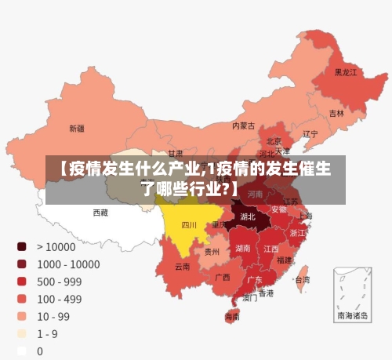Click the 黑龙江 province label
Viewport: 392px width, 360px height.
coord(346,72)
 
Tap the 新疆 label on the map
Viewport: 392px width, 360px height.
coord(77,128)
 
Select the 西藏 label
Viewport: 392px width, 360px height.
coord(100,213)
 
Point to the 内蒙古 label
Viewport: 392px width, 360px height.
coord(243,125)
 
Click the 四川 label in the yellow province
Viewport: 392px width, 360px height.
coord(189,225)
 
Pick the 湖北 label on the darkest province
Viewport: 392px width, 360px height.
coord(248,216)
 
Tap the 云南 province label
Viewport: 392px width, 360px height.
coord(182,267)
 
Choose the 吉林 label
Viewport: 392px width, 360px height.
coord(336,113)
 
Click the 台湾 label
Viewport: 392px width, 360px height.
coord(301,279)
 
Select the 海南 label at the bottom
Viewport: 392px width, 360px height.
coord(232,318)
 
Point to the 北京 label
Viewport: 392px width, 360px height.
coord(274,141)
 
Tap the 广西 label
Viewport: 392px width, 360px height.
coord(223,277)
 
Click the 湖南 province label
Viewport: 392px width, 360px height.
coord(243,248)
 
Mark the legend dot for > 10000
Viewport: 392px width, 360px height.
coord(22,246)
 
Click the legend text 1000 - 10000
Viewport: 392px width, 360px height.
coord(67,264)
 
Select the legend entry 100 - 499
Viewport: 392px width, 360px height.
coord(59,299)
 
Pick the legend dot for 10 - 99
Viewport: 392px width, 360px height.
coord(22,316)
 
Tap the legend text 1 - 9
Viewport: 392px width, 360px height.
coord(47,333)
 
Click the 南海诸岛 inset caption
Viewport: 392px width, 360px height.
coord(352,315)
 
